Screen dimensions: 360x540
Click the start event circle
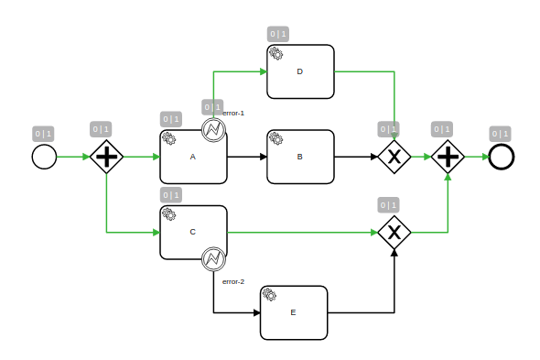(x=44, y=157)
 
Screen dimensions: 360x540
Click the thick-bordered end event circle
(x=501, y=157)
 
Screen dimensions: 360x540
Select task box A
(x=193, y=157)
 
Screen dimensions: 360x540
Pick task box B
(x=300, y=157)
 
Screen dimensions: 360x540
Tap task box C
(x=193, y=232)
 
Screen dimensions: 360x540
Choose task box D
(x=300, y=71)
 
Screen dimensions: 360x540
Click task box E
(x=293, y=312)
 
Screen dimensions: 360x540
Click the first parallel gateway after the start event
(x=107, y=157)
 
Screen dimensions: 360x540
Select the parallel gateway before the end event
(x=448, y=157)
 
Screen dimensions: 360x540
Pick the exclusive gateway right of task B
(x=394, y=157)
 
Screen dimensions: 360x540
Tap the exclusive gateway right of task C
(x=394, y=232)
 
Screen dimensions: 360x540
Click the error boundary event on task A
(x=213, y=130)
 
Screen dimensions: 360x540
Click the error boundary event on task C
(x=213, y=259)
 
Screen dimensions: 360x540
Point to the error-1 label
(x=233, y=113)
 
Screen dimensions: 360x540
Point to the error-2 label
(x=233, y=281)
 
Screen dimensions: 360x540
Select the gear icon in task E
(x=269, y=294)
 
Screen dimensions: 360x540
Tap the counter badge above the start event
(x=44, y=134)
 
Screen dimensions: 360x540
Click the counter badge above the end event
(x=501, y=134)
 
